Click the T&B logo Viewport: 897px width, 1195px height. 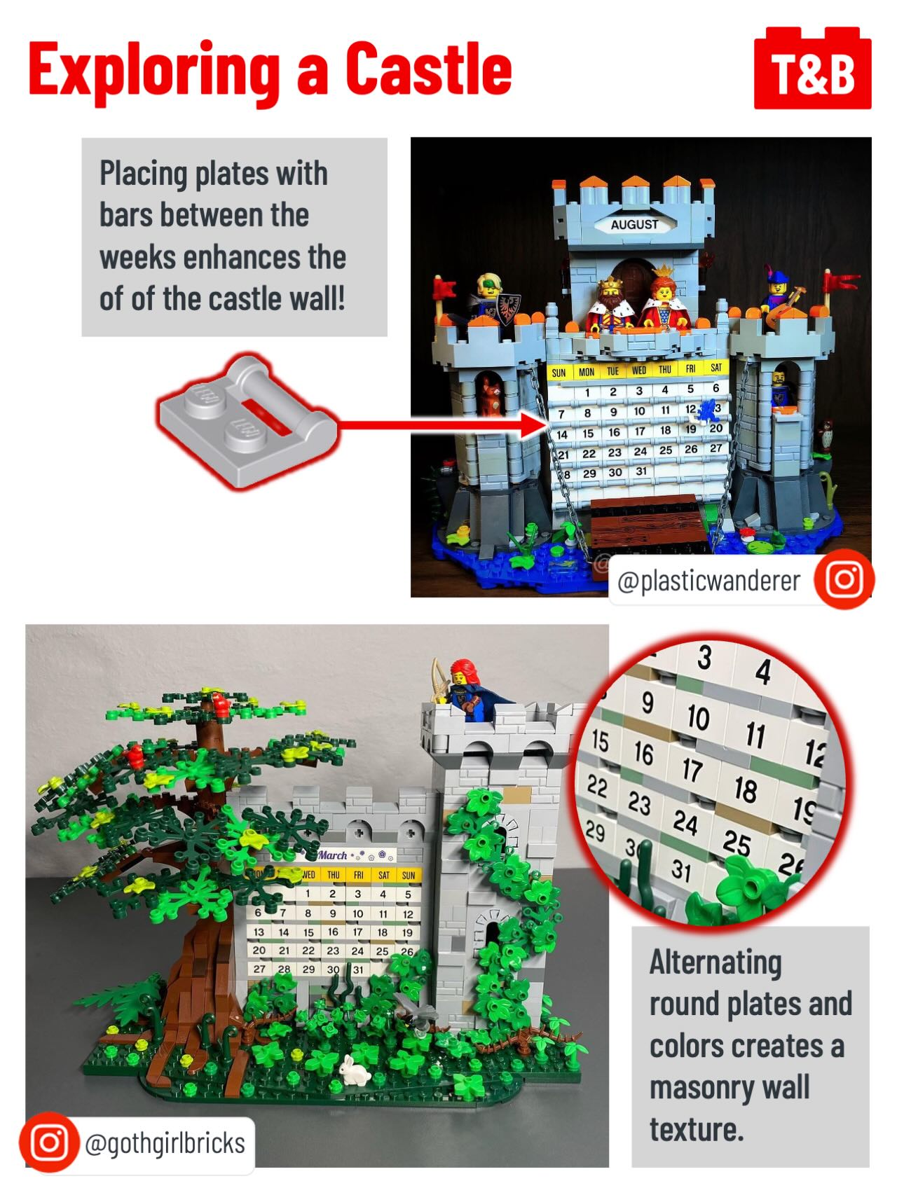coord(812,69)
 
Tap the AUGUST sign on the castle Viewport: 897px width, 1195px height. coord(635,224)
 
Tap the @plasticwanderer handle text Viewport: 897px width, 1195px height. coord(708,581)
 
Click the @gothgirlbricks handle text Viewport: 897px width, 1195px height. coord(165,1143)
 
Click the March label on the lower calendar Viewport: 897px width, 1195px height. coord(333,855)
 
